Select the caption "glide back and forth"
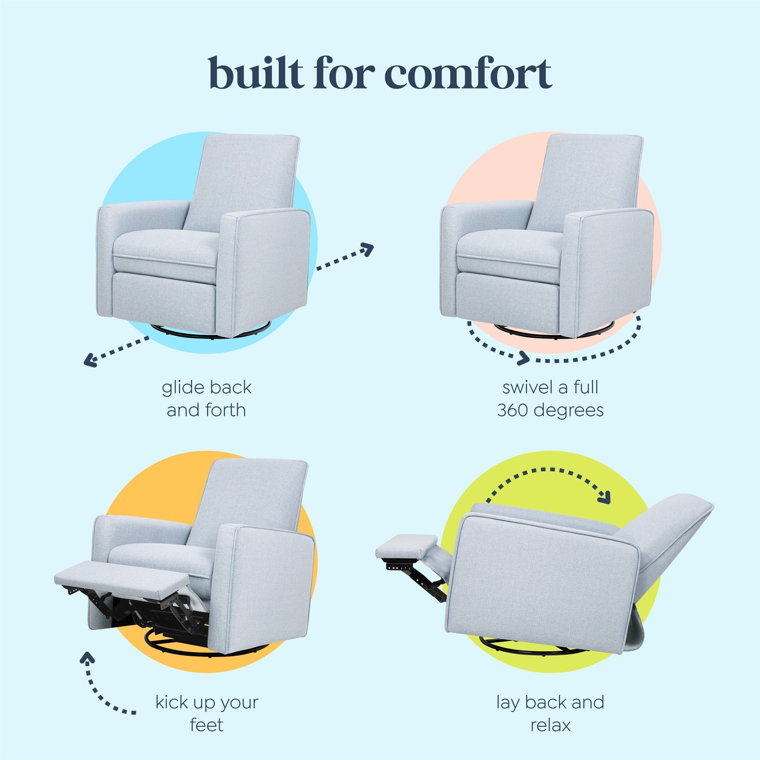[206, 398]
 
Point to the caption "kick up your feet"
[206, 713]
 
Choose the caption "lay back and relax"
[550, 713]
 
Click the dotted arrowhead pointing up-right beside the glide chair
[367, 249]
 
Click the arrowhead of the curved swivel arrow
[523, 359]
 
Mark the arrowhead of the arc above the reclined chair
[605, 496]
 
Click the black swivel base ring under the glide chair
[210, 332]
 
